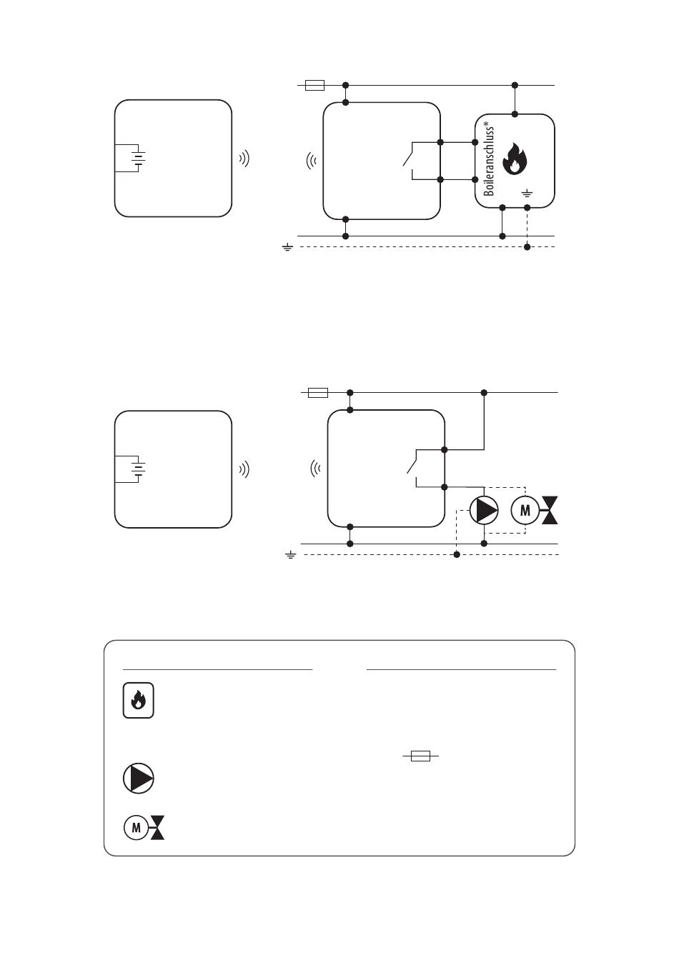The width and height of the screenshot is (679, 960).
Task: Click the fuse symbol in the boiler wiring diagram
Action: pos(314,86)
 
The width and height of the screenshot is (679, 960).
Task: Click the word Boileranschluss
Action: pos(490,161)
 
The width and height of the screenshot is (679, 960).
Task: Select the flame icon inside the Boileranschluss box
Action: pos(513,159)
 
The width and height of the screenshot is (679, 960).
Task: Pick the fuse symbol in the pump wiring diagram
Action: pos(317,392)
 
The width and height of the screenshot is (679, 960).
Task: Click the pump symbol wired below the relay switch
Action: pos(484,511)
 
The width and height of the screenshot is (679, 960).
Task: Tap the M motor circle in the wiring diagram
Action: pos(526,511)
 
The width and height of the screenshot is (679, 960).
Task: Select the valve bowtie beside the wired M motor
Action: pos(550,511)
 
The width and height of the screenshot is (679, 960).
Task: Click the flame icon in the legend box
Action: pos(138,701)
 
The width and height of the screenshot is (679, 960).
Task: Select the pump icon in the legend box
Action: pos(138,778)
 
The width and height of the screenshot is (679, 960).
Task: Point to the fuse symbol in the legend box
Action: pos(420,756)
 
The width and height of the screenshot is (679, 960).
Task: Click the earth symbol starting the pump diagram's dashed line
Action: pos(290,554)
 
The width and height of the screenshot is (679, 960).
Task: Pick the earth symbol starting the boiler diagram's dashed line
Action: pos(287,247)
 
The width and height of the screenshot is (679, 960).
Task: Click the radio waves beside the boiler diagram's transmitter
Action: pos(244,159)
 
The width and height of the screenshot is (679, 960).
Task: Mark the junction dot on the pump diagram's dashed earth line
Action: pos(457,554)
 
